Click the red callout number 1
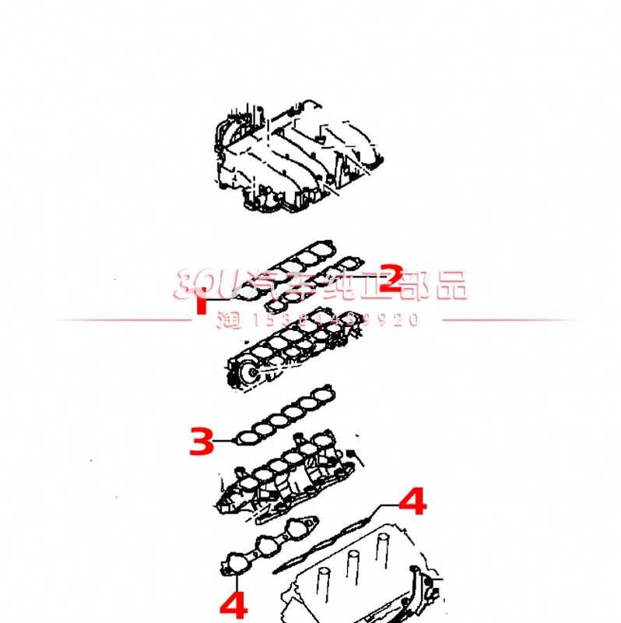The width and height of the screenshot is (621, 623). tap(201, 301)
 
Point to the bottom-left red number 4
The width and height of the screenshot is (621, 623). tap(233, 604)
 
